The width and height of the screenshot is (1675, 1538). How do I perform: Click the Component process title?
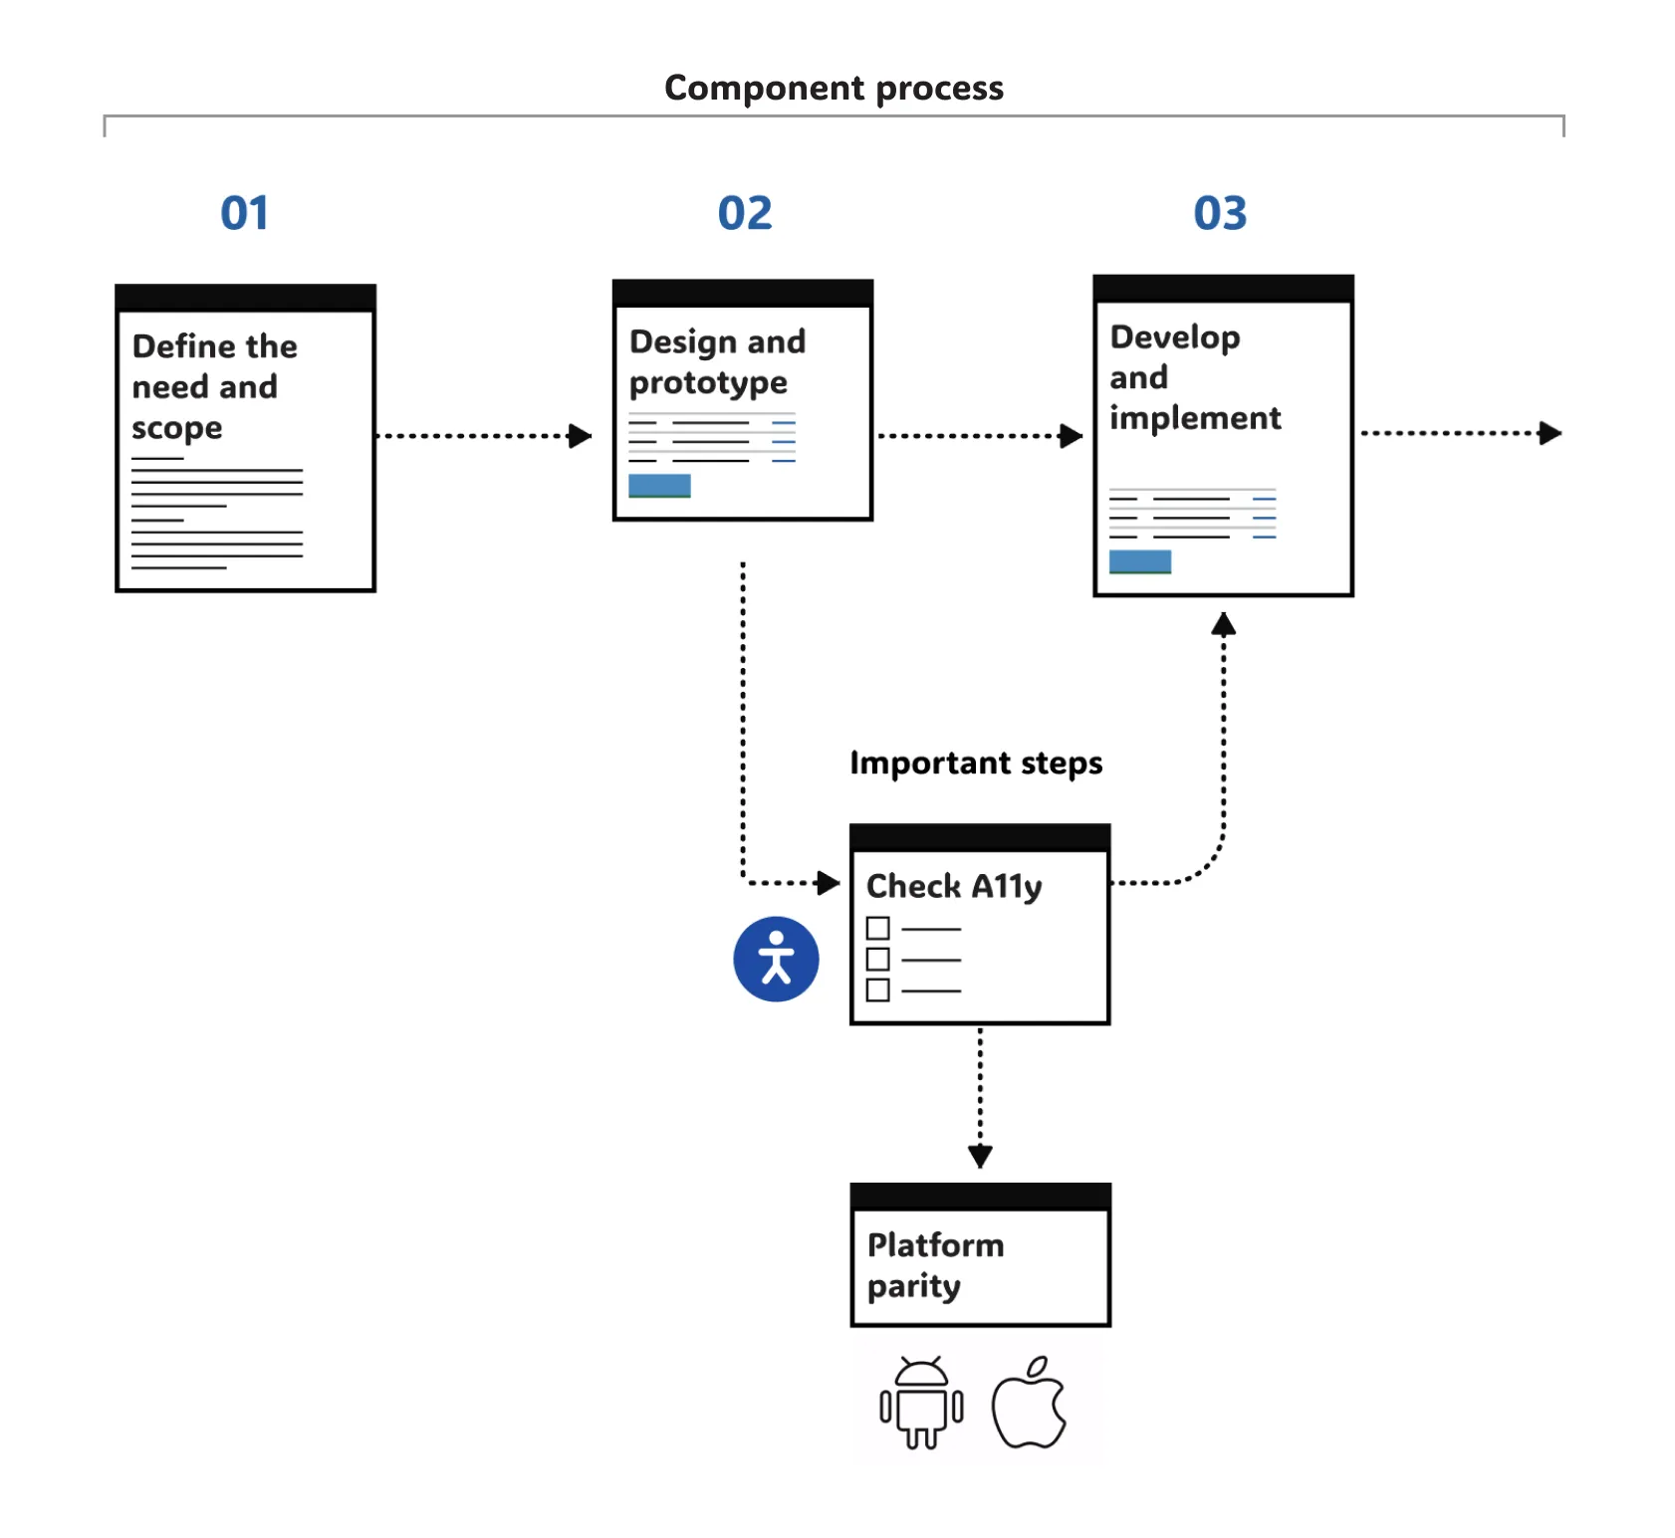(x=834, y=89)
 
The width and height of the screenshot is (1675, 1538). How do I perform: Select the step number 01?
(x=244, y=213)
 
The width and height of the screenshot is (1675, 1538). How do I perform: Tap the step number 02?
(x=744, y=213)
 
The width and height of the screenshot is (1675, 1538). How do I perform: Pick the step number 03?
(x=1220, y=213)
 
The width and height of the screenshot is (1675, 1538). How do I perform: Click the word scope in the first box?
(x=177, y=428)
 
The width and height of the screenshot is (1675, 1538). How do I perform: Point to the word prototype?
(x=708, y=383)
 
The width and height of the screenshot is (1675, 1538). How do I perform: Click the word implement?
(x=1195, y=418)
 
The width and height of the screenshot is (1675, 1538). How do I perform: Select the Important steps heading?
(x=976, y=764)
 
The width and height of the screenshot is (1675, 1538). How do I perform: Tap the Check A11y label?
(x=954, y=886)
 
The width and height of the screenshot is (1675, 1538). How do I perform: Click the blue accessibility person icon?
(x=776, y=959)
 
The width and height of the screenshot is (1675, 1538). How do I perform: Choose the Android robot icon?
(x=921, y=1403)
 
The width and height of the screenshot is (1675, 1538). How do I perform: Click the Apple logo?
(x=1030, y=1404)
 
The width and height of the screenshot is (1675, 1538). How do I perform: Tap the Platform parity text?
(x=935, y=1265)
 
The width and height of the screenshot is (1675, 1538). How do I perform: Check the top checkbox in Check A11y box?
(x=877, y=928)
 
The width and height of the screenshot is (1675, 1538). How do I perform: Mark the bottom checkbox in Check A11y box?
(x=877, y=989)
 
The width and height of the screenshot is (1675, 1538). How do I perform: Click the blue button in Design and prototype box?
(x=659, y=485)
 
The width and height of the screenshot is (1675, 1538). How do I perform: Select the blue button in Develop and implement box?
(x=1140, y=561)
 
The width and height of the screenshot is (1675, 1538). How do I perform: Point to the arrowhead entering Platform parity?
(x=980, y=1156)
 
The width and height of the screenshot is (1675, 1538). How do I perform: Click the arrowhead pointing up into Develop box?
(x=1223, y=625)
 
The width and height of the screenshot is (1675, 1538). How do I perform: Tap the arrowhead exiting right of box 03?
(x=1550, y=433)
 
